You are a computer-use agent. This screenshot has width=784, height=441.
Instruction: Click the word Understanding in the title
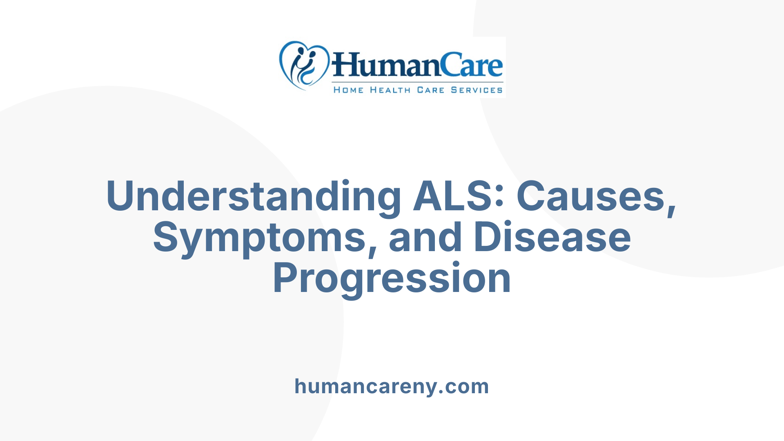pos(253,197)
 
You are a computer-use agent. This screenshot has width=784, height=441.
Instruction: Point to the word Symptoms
pos(259,238)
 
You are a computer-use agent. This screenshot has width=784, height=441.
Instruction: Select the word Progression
pos(392,278)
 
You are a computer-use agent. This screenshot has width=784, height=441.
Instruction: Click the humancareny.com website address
pos(392,386)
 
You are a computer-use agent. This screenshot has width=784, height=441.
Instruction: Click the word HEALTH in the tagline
pos(390,90)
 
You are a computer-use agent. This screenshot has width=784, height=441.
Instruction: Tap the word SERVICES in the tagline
pos(477,90)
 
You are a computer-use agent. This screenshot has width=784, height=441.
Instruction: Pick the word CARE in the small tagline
pos(430,90)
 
